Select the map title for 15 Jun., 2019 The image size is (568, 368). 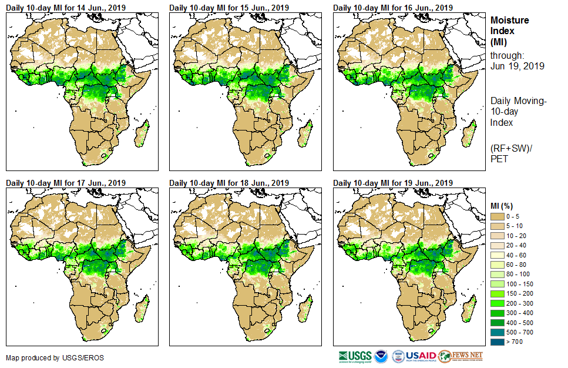tap(229, 8)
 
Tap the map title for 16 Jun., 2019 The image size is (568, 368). tap(393, 8)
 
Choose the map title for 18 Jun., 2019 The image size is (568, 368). tap(229, 182)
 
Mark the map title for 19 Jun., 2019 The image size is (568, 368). tap(393, 182)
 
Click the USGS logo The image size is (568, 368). tap(355, 356)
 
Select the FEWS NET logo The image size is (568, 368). tap(461, 356)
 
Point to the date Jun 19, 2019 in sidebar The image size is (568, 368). tap(517, 66)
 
